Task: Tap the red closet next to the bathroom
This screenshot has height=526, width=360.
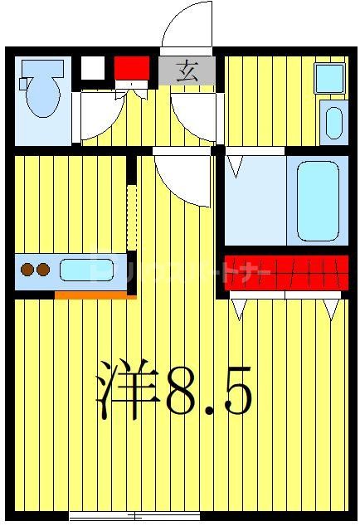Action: pyautogui.click(x=286, y=271)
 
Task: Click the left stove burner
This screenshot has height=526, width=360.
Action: pyautogui.click(x=27, y=269)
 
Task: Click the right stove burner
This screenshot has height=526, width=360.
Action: pyautogui.click(x=42, y=269)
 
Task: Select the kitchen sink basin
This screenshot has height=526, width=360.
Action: pyautogui.click(x=85, y=270)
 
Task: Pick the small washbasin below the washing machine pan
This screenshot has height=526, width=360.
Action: pyautogui.click(x=333, y=123)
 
